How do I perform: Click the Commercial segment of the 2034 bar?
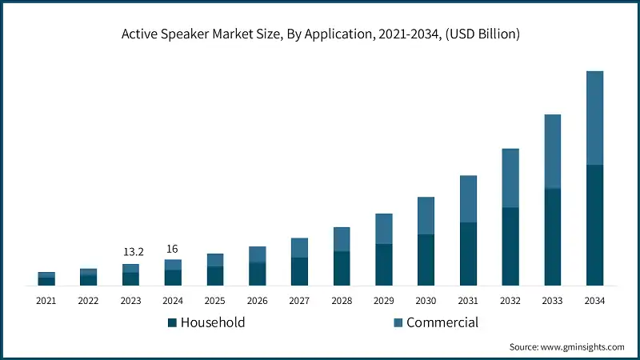click(x=594, y=118)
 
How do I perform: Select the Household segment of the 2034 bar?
click(x=594, y=225)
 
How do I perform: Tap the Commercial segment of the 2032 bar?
click(x=510, y=178)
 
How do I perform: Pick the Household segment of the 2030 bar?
click(x=426, y=260)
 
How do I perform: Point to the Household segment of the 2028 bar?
click(x=342, y=269)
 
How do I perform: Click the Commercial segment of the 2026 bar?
click(x=257, y=254)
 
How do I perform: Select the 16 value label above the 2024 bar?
click(x=172, y=249)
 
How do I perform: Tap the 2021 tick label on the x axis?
click(x=46, y=301)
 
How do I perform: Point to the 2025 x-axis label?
click(x=214, y=301)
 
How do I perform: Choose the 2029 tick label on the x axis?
click(x=383, y=301)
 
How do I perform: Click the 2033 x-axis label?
click(x=552, y=301)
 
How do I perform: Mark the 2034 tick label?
click(x=594, y=301)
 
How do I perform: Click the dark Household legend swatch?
click(x=172, y=323)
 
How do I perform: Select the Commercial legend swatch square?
click(x=398, y=323)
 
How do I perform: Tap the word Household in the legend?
click(x=213, y=322)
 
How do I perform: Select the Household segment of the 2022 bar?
click(x=88, y=280)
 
